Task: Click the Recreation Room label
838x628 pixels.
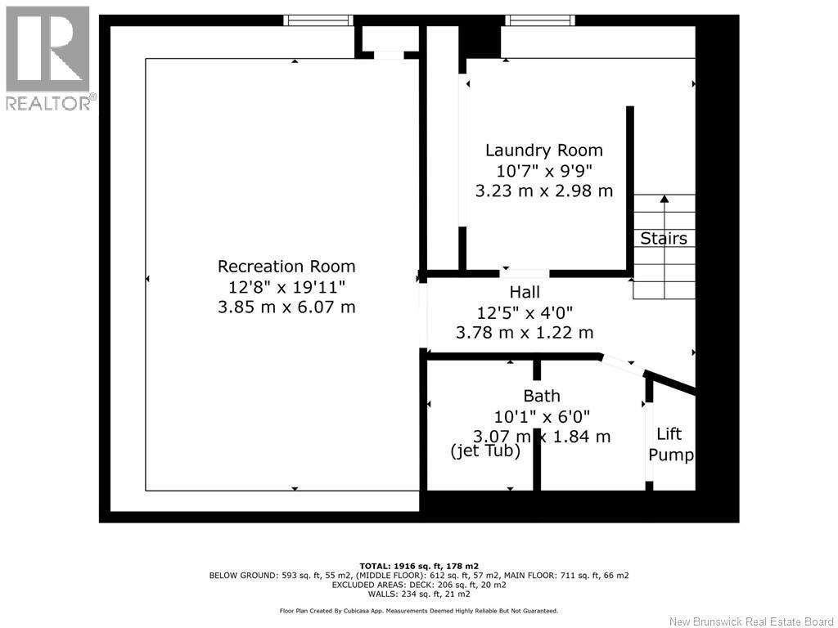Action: click(286, 266)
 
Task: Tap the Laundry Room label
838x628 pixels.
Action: click(544, 150)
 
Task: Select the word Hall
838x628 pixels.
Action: click(525, 292)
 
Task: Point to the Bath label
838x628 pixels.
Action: click(542, 396)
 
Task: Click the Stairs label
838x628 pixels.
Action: click(664, 238)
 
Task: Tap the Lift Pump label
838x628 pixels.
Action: click(671, 444)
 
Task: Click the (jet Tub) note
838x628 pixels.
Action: click(485, 451)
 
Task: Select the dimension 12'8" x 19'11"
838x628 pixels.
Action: click(287, 287)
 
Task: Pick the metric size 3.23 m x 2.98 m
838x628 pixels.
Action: click(544, 191)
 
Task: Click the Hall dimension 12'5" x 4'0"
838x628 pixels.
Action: click(525, 312)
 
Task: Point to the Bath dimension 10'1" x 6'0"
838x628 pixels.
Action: click(542, 416)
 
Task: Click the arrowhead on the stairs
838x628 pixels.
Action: click(665, 199)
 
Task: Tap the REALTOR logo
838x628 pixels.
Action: click(48, 58)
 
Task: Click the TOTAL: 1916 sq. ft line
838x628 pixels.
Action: click(419, 566)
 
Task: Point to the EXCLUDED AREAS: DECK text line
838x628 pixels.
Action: click(419, 585)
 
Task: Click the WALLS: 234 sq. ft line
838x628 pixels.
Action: click(419, 594)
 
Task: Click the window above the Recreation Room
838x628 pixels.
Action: click(318, 20)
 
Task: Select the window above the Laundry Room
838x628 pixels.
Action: click(540, 20)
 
